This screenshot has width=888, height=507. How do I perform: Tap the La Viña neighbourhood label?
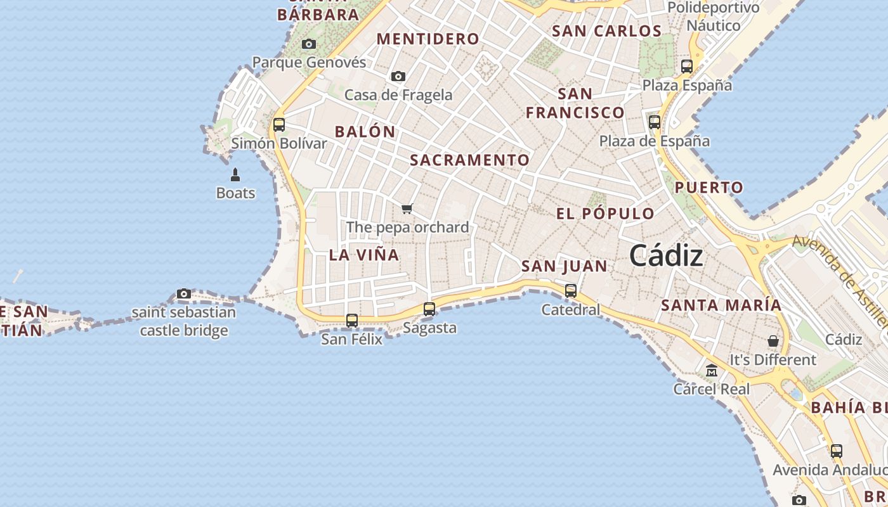pos(364,255)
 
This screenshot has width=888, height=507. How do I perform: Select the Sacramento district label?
pos(469,160)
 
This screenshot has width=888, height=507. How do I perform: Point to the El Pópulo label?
pos(605,214)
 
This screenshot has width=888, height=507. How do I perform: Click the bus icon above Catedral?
pos(571,291)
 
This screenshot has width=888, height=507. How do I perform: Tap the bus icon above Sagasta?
pos(429,309)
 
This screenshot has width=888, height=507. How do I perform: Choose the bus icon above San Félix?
pos(352,321)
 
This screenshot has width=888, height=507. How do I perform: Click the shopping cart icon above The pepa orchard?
pos(407,209)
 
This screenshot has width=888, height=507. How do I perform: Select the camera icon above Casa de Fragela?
pos(398,77)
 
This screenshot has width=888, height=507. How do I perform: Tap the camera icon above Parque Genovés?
pos(309,44)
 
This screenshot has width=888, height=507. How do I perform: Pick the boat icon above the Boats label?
pos(235,175)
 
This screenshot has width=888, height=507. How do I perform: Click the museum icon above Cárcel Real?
pos(712,370)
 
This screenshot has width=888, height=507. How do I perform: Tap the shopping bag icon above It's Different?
pos(773,341)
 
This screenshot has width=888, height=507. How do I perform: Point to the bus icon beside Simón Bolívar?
pos(279,125)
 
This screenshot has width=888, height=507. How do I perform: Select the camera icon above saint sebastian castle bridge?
pos(184,294)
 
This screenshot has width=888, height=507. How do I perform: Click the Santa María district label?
pos(721,305)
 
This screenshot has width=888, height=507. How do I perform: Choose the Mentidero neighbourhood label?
pos(428,39)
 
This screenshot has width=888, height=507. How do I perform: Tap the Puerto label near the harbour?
pos(708,188)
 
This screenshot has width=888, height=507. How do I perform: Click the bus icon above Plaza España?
pos(687,66)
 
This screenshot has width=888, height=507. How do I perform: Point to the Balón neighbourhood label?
pos(365,132)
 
